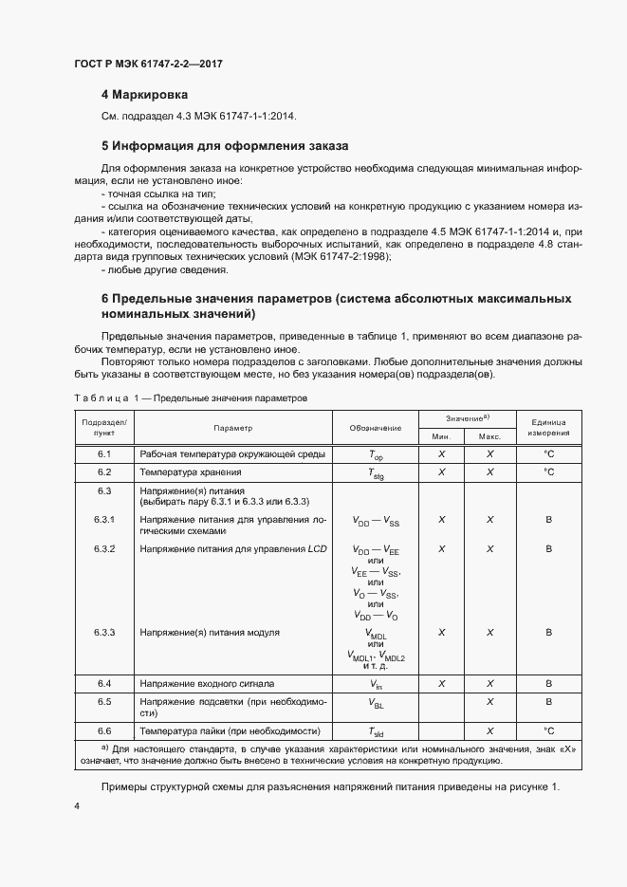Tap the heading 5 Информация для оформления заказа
tap(225, 147)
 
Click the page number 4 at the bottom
tap(77, 805)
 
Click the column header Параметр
tap(232, 428)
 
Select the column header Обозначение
tap(375, 428)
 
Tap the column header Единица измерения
tap(548, 428)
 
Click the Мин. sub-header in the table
tap(441, 436)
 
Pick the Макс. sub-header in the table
tap(489, 436)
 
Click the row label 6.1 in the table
tap(104, 454)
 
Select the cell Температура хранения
tap(190, 471)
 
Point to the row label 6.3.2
tap(104, 549)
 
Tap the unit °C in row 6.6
tap(548, 731)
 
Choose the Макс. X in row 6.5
tap(489, 702)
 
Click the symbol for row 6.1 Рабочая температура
tap(376, 455)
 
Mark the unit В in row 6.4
tap(548, 683)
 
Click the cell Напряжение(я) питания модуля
tap(209, 632)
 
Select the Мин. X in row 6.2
tap(441, 471)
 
